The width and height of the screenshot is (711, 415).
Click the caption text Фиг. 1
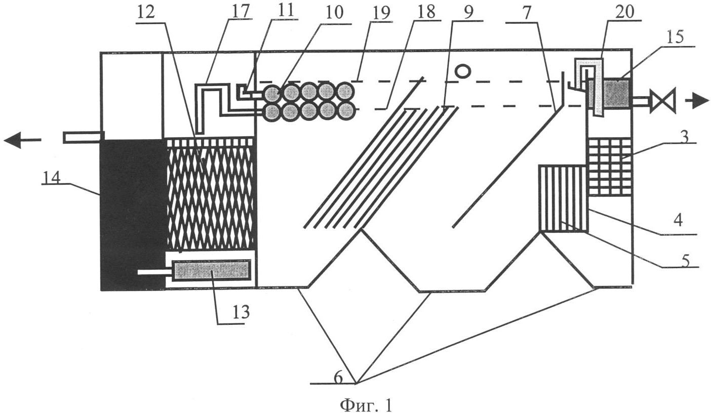click(x=366, y=405)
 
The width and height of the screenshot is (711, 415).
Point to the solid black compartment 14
click(x=133, y=213)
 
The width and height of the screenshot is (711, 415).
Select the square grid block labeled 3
click(x=609, y=167)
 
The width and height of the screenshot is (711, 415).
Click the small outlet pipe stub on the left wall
click(x=83, y=137)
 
